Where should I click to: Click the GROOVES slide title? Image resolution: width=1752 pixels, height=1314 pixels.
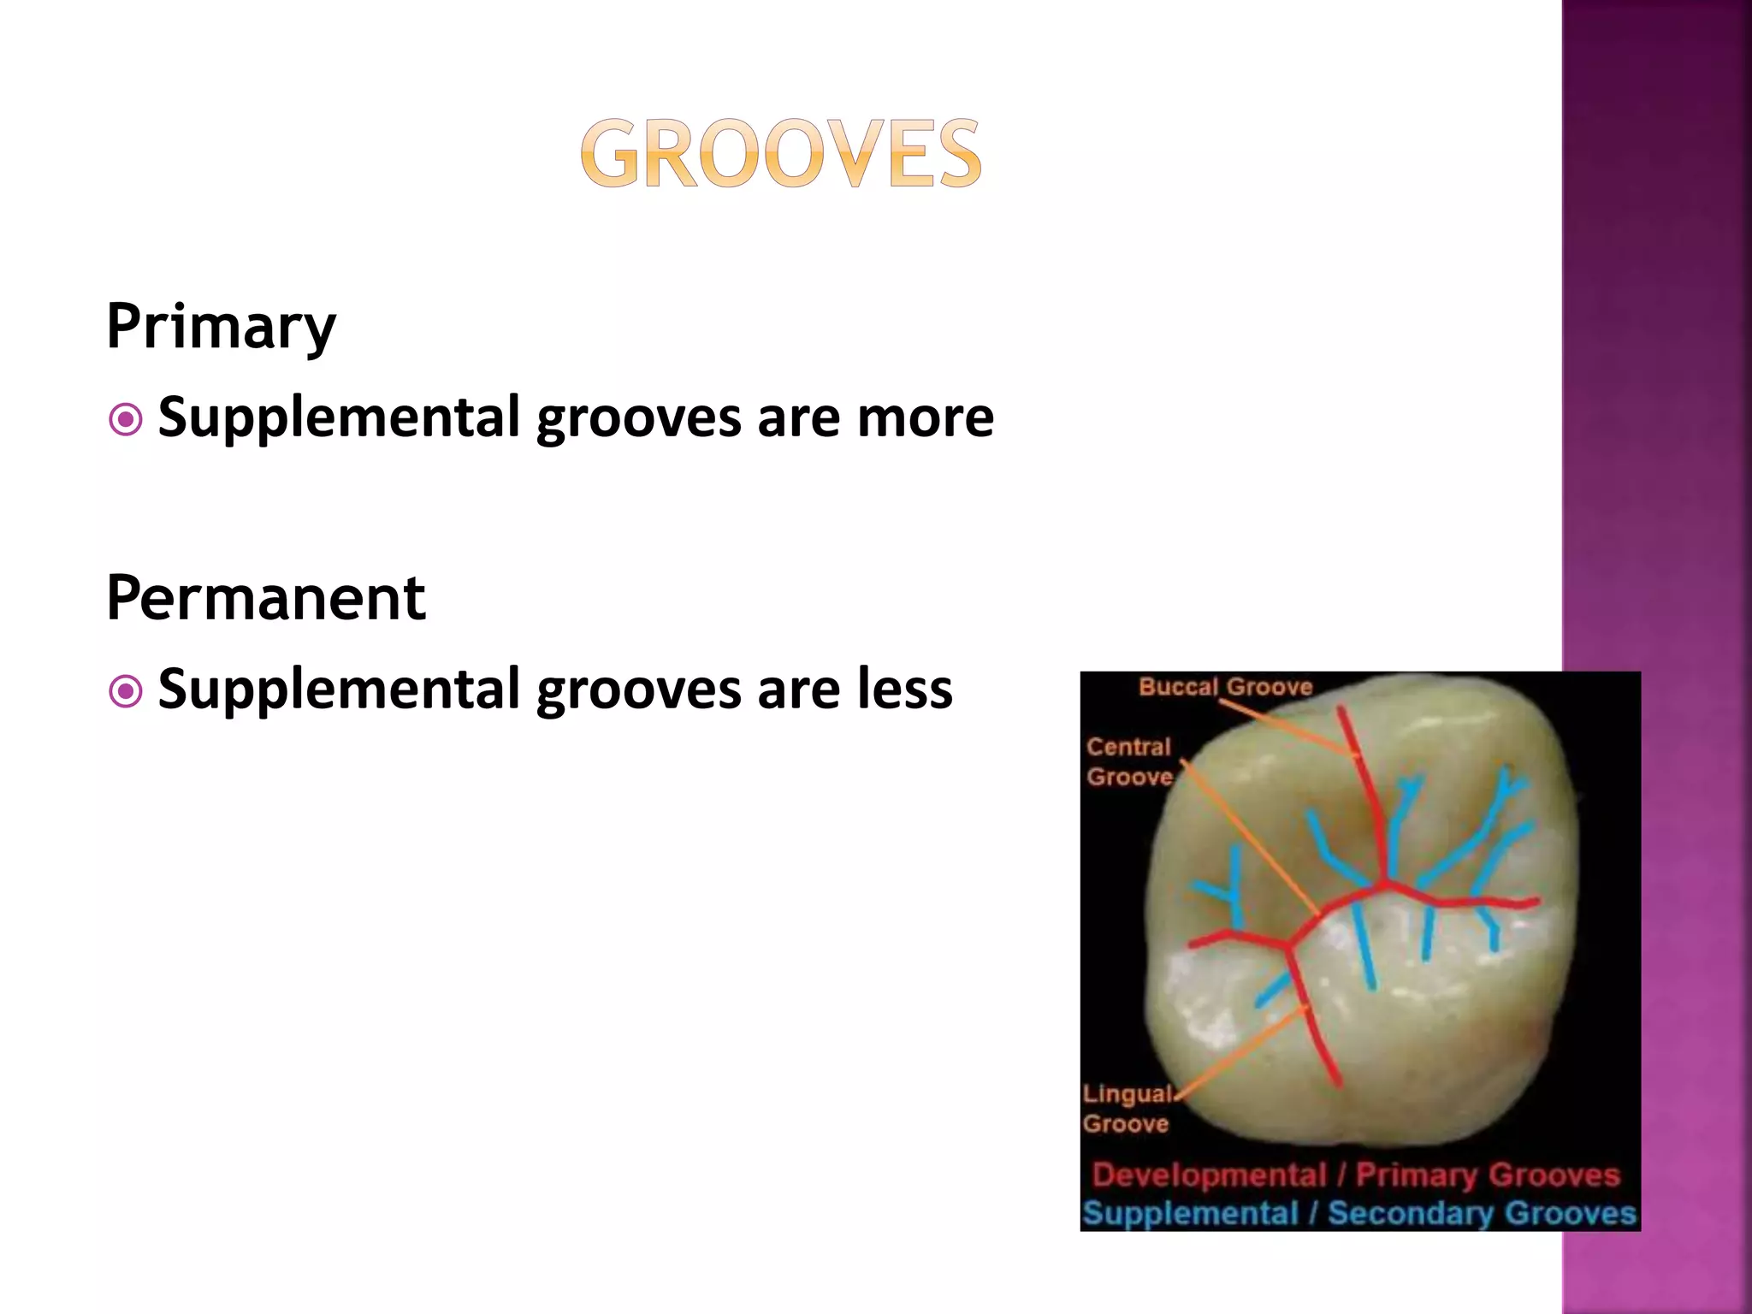pos(780,154)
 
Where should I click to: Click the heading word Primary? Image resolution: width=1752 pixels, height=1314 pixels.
pos(221,327)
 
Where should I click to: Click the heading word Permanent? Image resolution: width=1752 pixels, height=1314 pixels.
pos(265,598)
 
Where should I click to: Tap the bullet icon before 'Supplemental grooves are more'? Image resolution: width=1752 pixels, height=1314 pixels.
pos(126,420)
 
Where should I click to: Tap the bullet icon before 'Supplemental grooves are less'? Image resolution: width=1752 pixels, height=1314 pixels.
pos(126,691)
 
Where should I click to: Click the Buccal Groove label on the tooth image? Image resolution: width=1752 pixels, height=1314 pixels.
pos(1225,687)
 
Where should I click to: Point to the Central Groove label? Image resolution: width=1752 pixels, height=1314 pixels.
pos(1129,761)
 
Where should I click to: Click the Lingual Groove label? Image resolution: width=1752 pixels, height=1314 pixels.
pos(1126,1108)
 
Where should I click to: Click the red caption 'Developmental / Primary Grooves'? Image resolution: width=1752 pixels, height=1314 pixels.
pos(1356,1175)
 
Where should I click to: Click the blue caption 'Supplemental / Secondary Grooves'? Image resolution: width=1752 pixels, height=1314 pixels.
pos(1358,1214)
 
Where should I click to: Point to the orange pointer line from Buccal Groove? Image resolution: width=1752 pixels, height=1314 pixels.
pos(1292,728)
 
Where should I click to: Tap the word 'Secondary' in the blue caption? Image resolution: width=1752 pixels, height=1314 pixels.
pos(1412,1214)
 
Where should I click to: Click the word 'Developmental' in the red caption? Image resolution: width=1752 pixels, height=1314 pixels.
pos(1209,1175)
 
